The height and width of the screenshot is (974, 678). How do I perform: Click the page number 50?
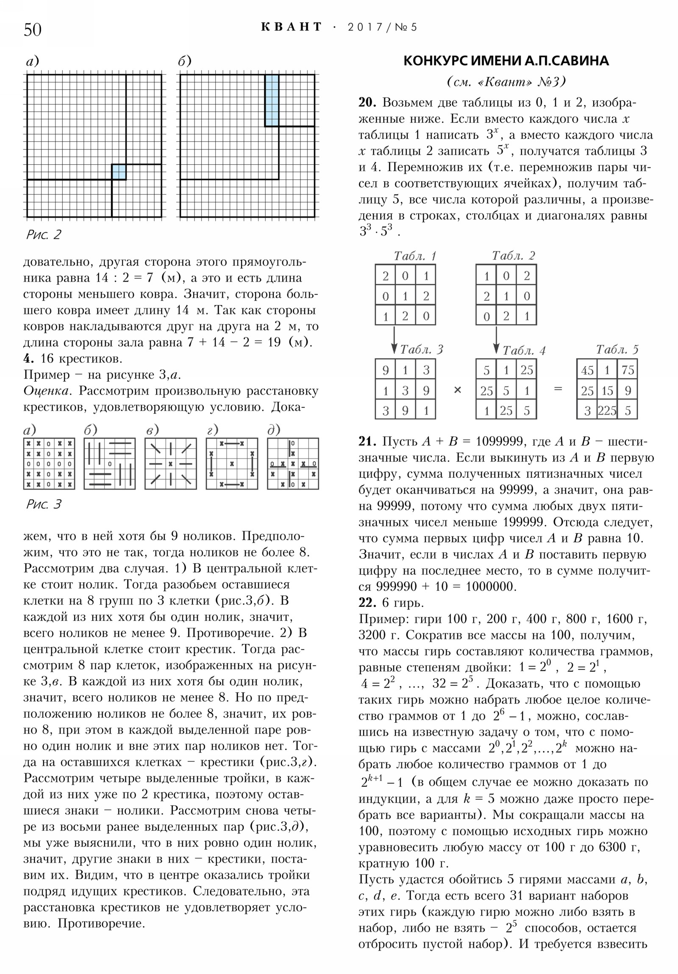(33, 30)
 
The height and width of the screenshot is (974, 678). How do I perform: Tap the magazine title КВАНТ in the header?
(292, 27)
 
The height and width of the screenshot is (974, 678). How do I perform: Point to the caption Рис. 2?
(43, 235)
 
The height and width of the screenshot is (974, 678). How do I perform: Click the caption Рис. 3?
(43, 504)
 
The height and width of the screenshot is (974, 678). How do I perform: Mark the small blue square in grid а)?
(119, 172)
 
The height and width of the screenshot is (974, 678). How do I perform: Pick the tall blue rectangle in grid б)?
(272, 100)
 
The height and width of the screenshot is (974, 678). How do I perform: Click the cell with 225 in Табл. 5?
(607, 411)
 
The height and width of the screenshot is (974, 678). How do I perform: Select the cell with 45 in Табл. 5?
(587, 371)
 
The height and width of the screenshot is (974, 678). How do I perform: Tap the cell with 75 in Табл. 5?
(628, 371)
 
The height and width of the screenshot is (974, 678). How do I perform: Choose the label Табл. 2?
(513, 256)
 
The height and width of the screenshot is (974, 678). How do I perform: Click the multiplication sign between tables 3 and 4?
(457, 390)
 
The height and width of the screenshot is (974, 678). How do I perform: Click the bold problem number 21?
(367, 442)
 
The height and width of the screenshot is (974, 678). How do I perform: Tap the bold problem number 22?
(367, 603)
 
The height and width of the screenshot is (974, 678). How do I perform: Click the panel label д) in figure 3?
(273, 431)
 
